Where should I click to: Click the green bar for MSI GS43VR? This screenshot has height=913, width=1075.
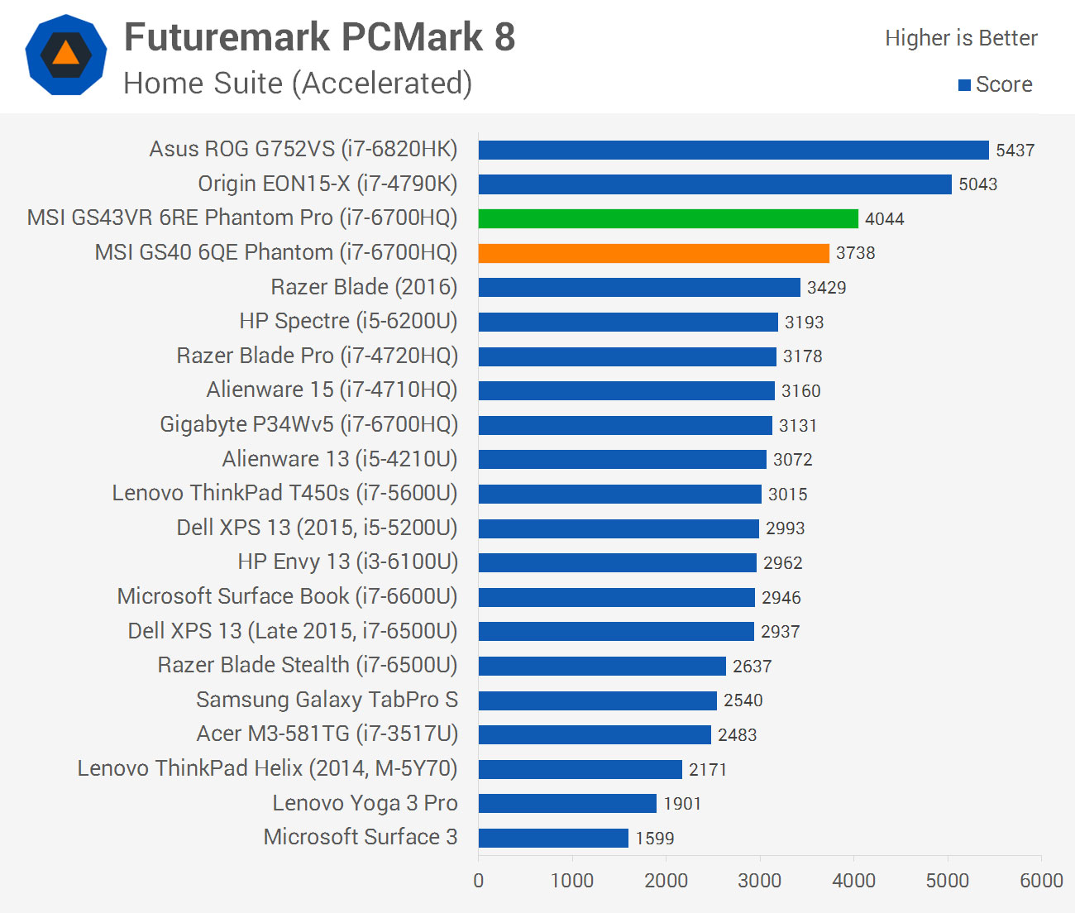coord(668,218)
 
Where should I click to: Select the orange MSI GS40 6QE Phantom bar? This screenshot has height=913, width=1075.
coord(653,253)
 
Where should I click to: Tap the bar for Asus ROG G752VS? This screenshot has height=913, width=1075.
coord(733,150)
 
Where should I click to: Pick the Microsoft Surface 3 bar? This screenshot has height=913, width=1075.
coord(553,838)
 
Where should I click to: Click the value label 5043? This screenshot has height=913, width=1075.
coord(977,184)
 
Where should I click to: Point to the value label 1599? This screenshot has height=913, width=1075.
coord(655,839)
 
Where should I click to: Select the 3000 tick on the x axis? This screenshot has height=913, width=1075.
coord(760,881)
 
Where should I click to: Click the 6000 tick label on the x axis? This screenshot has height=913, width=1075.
coord(1041,881)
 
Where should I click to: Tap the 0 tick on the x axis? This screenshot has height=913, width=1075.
coord(479,881)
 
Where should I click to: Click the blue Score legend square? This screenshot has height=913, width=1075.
coord(964,85)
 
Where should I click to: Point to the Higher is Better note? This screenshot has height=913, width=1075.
coord(961,38)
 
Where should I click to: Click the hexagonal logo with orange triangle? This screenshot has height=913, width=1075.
coord(66,55)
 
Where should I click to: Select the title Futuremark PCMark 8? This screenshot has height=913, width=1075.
coord(319,37)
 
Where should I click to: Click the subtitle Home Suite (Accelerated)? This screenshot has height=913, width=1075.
coord(298,84)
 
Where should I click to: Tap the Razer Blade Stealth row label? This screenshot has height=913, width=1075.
coord(308,665)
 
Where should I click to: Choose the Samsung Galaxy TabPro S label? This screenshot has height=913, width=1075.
coord(327,700)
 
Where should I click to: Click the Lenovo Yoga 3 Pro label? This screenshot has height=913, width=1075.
coord(365,803)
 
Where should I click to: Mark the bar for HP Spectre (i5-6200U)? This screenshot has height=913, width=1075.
coord(628,322)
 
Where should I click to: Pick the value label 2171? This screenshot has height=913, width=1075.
coord(708,770)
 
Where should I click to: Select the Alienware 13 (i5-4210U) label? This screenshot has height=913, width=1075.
coord(340,459)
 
